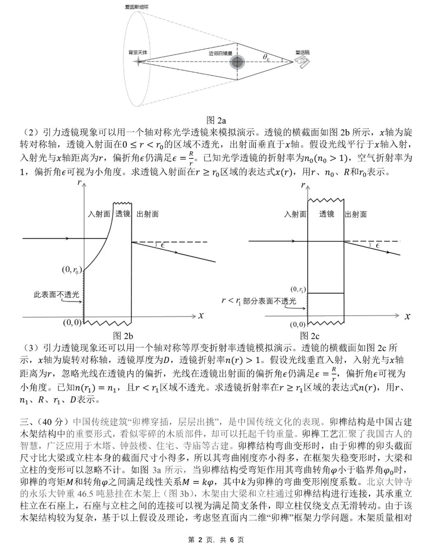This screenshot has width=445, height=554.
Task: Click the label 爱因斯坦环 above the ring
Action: tap(138, 7)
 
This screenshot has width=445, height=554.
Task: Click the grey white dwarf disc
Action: tap(237, 62)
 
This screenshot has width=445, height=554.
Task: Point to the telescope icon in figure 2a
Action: tap(303, 62)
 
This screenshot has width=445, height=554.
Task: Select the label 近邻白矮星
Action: tap(220, 53)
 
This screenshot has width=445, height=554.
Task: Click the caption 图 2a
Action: tap(216, 120)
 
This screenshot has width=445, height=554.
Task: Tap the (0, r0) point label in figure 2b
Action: tap(71, 270)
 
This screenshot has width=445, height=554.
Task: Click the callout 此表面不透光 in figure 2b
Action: tap(56, 295)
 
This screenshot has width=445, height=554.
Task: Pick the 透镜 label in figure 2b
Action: tap(122, 214)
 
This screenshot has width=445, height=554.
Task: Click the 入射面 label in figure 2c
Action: tap(295, 214)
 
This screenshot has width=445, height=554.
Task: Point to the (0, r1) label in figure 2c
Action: tap(298, 289)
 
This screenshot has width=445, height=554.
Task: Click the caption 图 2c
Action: tap(310, 336)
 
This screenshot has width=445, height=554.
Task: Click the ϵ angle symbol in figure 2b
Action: tap(163, 246)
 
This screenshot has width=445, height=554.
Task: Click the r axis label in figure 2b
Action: tap(79, 182)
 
